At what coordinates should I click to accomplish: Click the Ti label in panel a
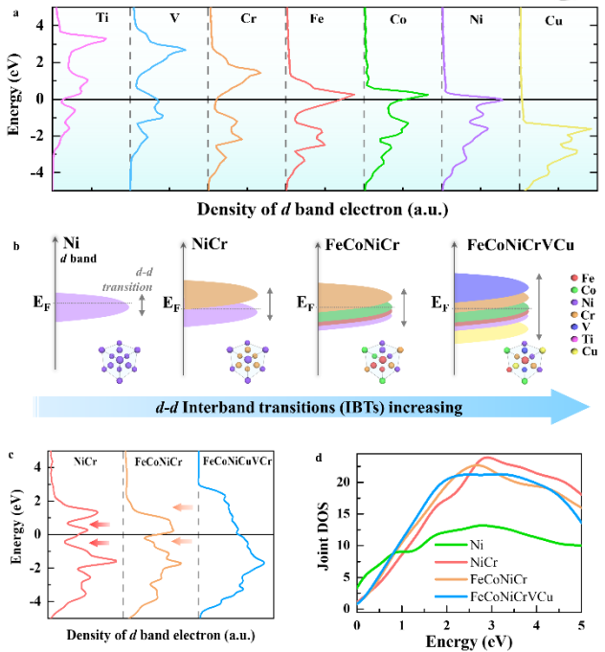(101, 17)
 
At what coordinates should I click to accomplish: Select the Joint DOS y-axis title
(328, 542)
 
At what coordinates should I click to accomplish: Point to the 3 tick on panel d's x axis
(491, 623)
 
